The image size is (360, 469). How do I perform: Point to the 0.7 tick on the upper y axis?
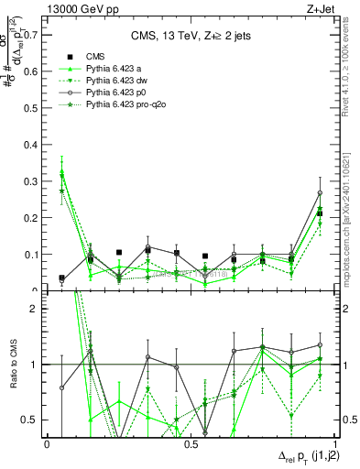coord(34,35)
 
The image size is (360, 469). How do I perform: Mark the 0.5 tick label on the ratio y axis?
coord(34,420)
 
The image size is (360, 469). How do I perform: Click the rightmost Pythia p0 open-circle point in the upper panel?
coord(319,193)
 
